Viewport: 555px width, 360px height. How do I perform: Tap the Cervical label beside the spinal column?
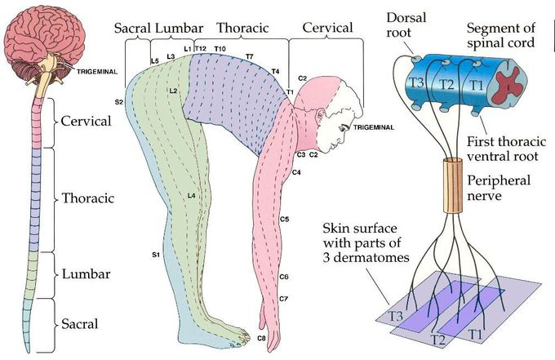pos(85,121)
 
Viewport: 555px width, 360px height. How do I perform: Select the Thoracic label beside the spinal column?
pos(87,198)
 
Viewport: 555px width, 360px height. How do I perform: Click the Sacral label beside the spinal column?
pos(80,323)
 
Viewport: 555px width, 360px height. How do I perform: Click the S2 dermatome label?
pos(119,102)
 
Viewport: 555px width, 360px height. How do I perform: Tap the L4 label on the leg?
pos(190,196)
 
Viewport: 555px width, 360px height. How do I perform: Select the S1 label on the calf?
pos(154,256)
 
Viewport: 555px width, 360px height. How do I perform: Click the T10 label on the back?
pos(220,50)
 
